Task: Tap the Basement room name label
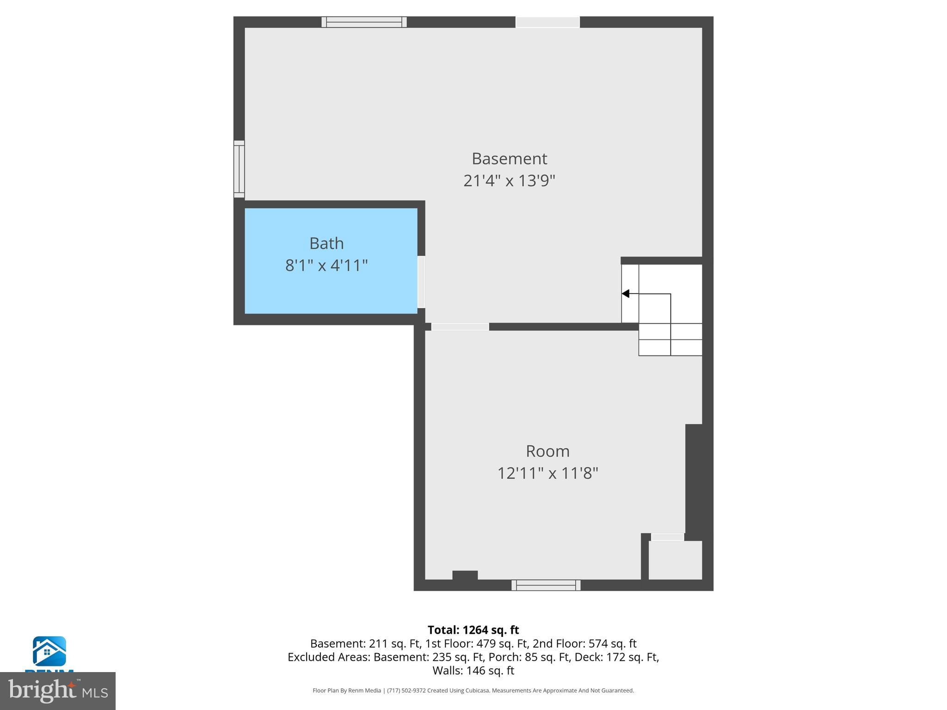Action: pyautogui.click(x=509, y=159)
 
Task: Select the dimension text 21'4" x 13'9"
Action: pyautogui.click(x=509, y=180)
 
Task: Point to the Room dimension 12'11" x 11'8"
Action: pyautogui.click(x=547, y=473)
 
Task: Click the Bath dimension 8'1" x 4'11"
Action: pyautogui.click(x=326, y=265)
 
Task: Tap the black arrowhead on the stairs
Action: pyautogui.click(x=626, y=294)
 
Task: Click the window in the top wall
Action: pyautogui.click(x=364, y=22)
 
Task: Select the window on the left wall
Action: pyautogui.click(x=239, y=169)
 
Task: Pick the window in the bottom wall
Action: pyautogui.click(x=546, y=585)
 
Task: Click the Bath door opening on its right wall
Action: pyautogui.click(x=421, y=282)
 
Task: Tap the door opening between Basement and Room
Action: pyautogui.click(x=460, y=327)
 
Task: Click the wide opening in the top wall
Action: pyautogui.click(x=547, y=22)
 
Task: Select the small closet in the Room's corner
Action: pyautogui.click(x=675, y=560)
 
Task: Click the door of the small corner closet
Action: pyautogui.click(x=667, y=537)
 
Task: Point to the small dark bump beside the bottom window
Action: pyautogui.click(x=465, y=575)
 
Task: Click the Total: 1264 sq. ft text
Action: pyautogui.click(x=473, y=630)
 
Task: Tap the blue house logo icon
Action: pyautogui.click(x=49, y=651)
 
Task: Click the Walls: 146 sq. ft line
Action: pyautogui.click(x=473, y=670)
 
